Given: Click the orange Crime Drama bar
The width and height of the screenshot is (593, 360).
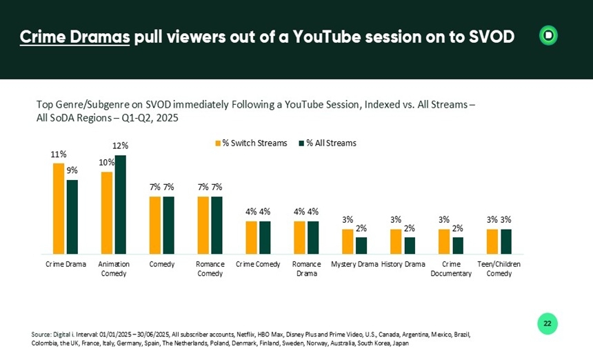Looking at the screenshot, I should pos(59,208).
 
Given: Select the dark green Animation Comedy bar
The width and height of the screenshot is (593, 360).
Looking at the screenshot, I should pos(121,204).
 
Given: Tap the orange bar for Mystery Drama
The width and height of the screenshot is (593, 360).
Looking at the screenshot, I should pos(348,241).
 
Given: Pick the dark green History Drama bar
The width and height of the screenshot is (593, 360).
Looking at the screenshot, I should pos(410,246).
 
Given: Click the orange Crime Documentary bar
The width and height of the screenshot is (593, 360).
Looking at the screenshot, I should pos(444,241).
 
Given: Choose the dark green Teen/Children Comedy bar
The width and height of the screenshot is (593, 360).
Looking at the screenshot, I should pos(506,241).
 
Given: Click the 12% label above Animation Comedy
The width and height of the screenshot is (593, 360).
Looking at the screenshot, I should pos(121,146).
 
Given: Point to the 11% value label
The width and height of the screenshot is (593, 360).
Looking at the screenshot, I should pos(59,154).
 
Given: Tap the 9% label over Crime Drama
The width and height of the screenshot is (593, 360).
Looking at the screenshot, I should pos(72,171).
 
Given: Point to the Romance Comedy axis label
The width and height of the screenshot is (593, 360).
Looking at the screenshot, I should pos(210,269).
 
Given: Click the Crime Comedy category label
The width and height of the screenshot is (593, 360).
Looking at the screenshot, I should pos(257,264).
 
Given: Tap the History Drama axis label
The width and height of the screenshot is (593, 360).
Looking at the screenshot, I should pos(403,264).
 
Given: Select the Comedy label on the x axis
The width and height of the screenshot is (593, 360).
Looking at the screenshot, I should pos(162,264).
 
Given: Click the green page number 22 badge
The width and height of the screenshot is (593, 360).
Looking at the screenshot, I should pos(547,323).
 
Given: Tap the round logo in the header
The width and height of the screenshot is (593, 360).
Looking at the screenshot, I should pos(548,36).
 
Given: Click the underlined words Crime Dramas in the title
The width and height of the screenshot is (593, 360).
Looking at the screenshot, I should pos(74,37).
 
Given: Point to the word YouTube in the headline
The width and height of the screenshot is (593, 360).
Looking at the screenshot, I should pos(329,37).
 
